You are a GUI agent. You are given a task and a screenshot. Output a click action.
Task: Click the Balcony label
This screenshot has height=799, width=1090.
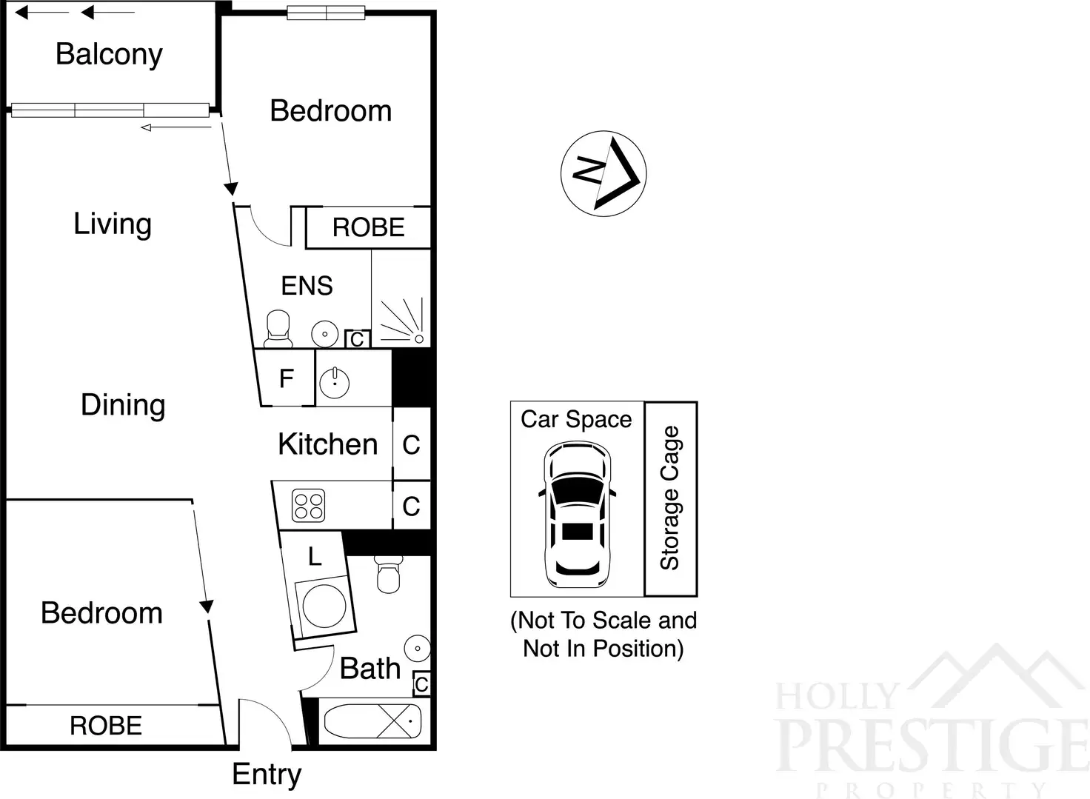[109, 55]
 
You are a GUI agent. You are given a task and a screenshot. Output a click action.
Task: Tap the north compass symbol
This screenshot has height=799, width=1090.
[603, 174]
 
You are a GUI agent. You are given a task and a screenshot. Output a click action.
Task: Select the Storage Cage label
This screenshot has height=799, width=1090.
[670, 498]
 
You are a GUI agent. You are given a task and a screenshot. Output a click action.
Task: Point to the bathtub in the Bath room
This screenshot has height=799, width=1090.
[373, 721]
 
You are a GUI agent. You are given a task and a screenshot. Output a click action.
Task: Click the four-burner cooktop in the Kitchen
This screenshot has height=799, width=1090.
[308, 507]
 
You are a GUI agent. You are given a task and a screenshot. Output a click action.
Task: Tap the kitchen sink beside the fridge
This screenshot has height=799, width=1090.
[335, 382]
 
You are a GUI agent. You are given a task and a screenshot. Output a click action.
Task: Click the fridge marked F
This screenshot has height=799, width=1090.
[287, 379]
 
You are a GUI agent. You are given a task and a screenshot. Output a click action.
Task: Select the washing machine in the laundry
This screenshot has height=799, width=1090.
[324, 604]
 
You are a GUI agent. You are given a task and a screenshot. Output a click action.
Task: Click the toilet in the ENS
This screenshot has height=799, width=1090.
[278, 330]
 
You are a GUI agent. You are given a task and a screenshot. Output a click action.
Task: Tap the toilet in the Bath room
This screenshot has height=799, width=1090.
[389, 574]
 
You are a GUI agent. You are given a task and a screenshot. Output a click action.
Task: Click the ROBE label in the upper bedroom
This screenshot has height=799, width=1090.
[368, 227]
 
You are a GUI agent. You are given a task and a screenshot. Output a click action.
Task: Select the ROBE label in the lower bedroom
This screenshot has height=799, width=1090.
[106, 726]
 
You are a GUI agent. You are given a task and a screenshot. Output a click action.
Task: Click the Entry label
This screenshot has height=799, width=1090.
[267, 775]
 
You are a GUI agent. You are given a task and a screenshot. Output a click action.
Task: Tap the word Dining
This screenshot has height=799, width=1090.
[123, 405]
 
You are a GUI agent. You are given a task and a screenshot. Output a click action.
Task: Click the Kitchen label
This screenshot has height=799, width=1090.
[327, 444]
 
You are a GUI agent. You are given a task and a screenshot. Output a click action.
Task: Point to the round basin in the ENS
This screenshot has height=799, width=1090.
[325, 334]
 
